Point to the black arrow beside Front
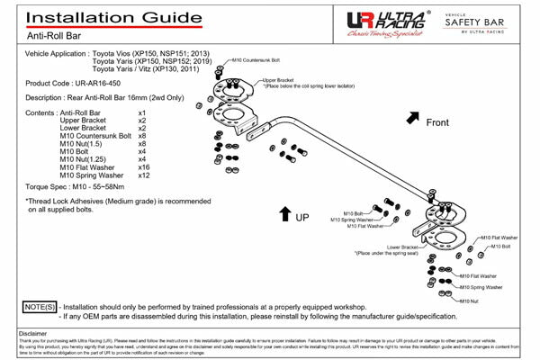(413, 118)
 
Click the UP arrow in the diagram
(284, 213)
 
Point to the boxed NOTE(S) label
(39, 308)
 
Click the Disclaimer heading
(32, 333)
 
